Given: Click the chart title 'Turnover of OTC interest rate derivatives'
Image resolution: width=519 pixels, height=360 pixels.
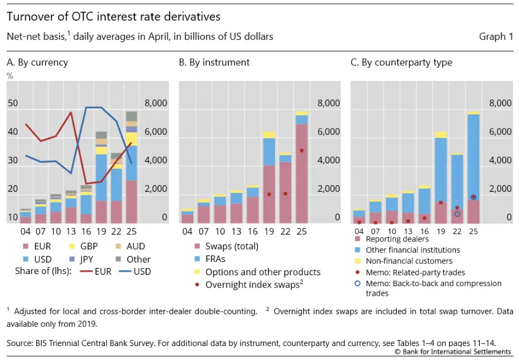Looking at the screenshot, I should [x=113, y=16].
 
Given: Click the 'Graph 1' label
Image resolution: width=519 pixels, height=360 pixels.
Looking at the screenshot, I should [x=492, y=37].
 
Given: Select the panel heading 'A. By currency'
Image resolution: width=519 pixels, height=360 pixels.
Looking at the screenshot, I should [x=38, y=62].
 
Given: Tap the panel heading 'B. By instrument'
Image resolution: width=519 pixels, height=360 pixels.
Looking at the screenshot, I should [x=214, y=62].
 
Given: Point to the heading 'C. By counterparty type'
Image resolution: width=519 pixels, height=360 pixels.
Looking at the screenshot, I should [x=402, y=62].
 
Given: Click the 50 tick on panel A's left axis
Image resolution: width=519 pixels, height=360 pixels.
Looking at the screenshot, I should [x=13, y=103].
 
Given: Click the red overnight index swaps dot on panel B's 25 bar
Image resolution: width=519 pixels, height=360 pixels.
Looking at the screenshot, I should [x=302, y=151].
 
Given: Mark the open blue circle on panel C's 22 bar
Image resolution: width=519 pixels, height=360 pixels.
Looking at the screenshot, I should [x=457, y=214].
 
